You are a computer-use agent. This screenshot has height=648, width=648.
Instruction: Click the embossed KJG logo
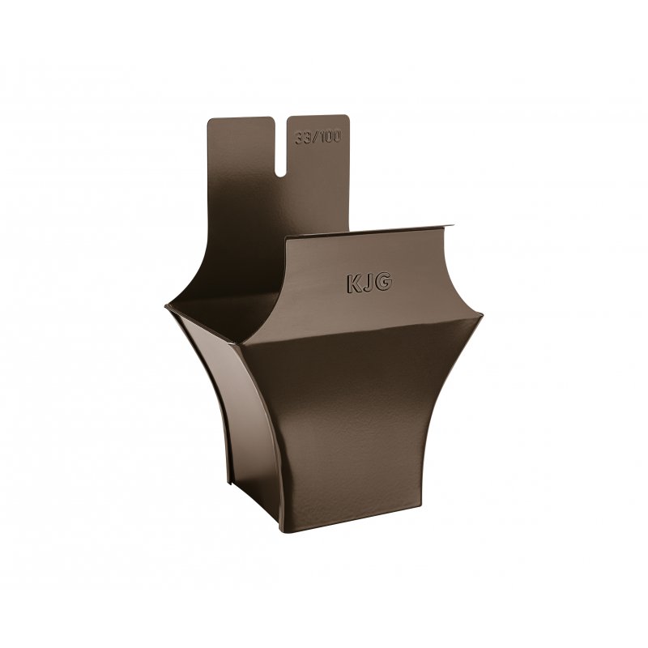(369, 283)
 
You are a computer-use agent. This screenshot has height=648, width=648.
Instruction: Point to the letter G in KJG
(384, 282)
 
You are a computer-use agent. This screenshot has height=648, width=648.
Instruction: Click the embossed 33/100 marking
(318, 138)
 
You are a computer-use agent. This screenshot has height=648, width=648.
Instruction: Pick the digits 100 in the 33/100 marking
(330, 137)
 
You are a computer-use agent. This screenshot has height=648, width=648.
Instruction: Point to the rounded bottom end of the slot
(280, 175)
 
